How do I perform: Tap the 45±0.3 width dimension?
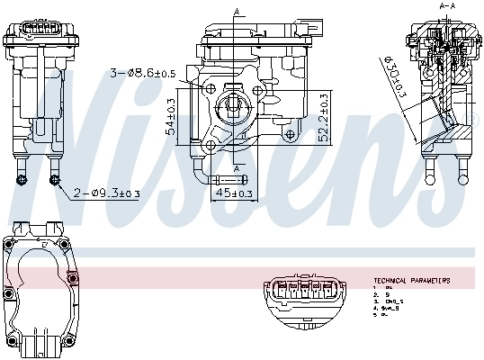point(234,192)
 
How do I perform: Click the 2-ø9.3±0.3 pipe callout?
point(106,193)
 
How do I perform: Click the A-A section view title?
point(447,6)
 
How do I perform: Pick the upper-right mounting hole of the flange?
point(257,90)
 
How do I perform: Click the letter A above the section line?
point(237,10)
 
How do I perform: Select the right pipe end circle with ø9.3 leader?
point(55,180)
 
